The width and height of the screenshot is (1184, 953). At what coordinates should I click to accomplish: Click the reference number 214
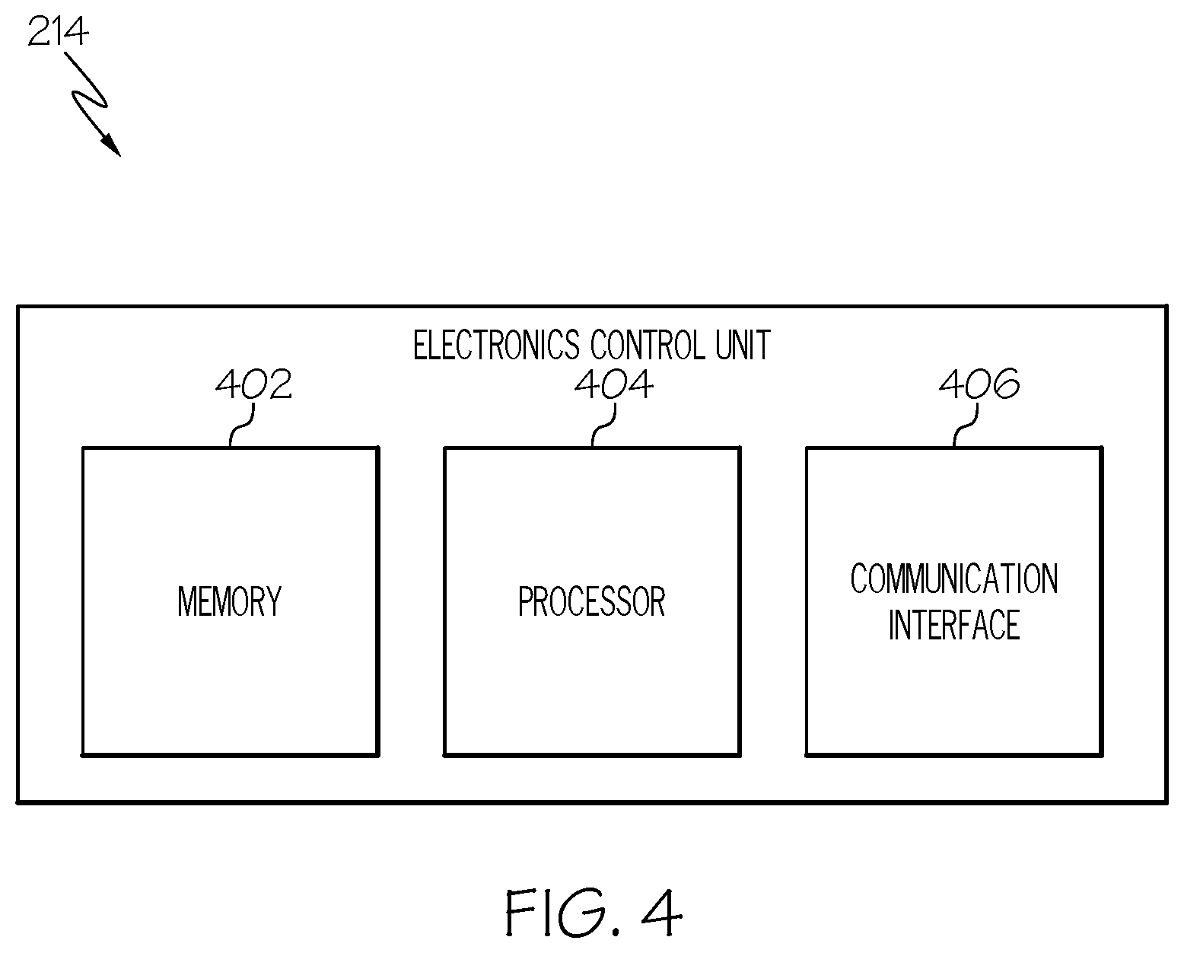click(58, 31)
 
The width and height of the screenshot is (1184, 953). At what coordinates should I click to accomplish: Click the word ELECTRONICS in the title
click(496, 345)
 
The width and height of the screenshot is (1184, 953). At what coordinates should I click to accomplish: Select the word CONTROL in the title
click(648, 345)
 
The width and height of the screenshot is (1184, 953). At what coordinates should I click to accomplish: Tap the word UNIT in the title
click(743, 345)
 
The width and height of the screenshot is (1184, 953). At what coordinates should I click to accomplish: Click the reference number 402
click(253, 384)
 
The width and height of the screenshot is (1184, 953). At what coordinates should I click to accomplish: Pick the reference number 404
click(614, 384)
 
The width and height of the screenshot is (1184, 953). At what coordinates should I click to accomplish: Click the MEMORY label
click(230, 601)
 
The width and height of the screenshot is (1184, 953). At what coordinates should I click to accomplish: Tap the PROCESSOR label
click(592, 601)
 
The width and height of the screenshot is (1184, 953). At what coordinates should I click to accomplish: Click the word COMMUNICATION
click(954, 578)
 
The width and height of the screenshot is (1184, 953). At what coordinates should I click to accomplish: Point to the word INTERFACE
click(954, 625)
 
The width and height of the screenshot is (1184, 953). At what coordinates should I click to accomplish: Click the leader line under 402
click(241, 426)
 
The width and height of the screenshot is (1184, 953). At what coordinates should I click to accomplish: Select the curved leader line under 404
click(603, 426)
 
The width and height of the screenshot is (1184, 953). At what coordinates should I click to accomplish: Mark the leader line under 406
click(966, 426)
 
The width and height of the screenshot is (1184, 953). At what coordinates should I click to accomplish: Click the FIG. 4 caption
click(594, 912)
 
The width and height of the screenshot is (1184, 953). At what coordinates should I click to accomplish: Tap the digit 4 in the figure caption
click(662, 912)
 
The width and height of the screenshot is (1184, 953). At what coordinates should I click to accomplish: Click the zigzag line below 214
click(89, 100)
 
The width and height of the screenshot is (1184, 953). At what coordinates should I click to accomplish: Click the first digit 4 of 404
click(587, 384)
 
